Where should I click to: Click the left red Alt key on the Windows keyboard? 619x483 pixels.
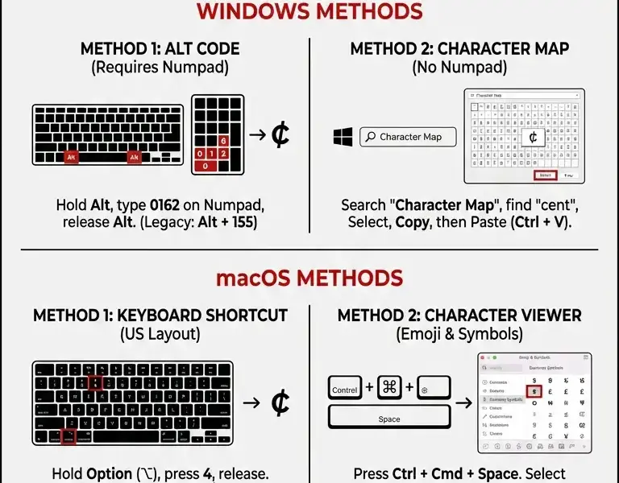click(72, 157)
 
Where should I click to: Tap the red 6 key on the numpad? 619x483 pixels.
click(223, 141)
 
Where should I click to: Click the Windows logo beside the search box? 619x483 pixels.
click(343, 137)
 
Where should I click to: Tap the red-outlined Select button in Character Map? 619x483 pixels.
click(546, 175)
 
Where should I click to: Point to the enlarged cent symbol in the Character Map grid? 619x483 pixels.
click(533, 138)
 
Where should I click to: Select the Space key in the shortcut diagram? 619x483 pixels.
click(389, 419)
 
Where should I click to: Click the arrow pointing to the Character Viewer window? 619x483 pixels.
click(463, 402)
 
